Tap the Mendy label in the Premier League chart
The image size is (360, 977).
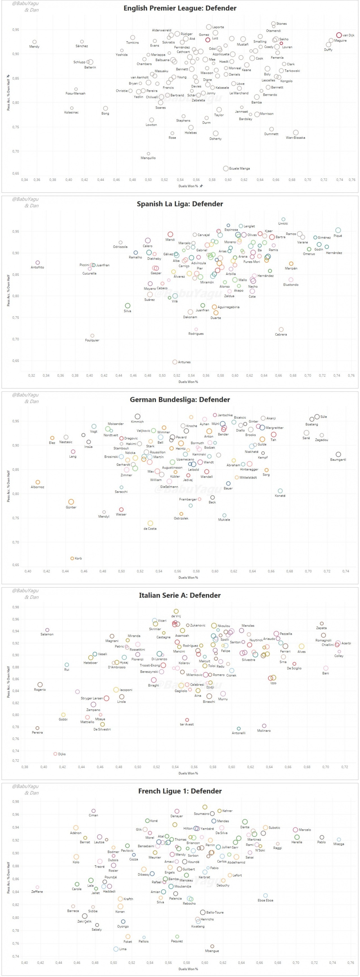point(34,47)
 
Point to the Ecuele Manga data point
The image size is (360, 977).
point(226,168)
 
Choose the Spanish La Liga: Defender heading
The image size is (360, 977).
point(180,204)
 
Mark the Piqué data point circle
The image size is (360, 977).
point(337,230)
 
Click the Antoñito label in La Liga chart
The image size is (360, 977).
point(37,267)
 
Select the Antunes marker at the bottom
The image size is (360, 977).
point(175,362)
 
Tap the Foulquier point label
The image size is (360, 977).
point(92,340)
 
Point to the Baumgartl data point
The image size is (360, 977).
point(338,454)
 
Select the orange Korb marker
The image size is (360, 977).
point(72,558)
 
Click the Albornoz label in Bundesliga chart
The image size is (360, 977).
point(38,487)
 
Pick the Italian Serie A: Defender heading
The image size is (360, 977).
point(180,595)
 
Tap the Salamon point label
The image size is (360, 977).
point(47,634)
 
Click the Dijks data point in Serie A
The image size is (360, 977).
point(55,754)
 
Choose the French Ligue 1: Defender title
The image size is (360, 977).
point(180,791)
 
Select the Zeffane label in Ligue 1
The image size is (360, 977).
point(37,892)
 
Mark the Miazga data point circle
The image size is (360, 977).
point(339,840)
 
